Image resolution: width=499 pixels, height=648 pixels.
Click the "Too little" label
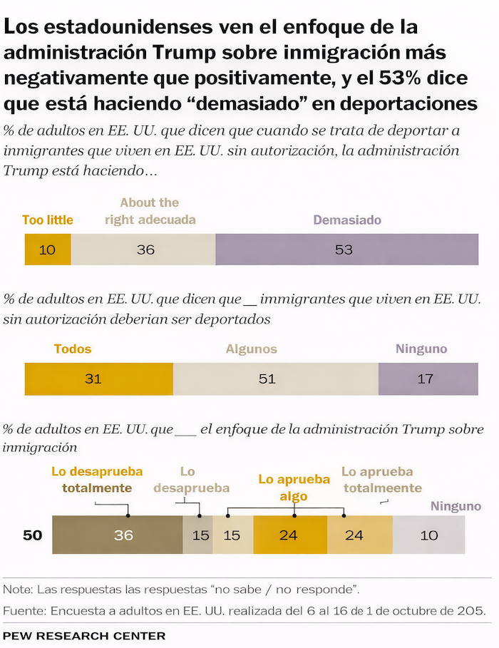coord(48,220)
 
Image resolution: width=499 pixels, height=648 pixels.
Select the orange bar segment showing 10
coord(48,250)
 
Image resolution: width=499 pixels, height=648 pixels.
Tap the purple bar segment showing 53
coord(346,250)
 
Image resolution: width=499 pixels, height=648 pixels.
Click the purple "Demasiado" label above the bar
coord(346,220)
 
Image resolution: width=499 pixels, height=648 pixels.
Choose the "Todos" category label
coord(73,349)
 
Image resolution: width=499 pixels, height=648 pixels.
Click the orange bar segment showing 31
coord(99,379)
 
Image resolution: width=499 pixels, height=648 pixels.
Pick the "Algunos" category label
coord(251,349)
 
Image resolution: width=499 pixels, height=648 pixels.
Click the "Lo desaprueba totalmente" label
coord(97,480)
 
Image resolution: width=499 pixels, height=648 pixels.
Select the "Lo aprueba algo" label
coord(294,488)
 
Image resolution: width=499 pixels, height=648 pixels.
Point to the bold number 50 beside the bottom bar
coord(33,535)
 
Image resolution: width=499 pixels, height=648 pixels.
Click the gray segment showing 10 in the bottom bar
coord(428,535)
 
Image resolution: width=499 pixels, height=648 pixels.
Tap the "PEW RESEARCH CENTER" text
coord(84,635)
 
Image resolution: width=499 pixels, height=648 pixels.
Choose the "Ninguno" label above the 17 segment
coord(421,349)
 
